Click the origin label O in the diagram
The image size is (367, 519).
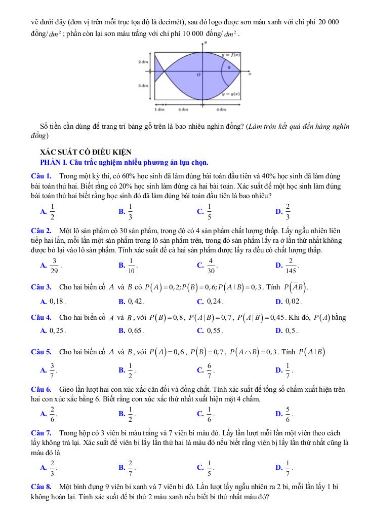[198, 75]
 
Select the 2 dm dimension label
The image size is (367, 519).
[143, 61]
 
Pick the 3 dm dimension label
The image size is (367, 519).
[143, 86]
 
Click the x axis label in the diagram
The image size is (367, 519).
[250, 75]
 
